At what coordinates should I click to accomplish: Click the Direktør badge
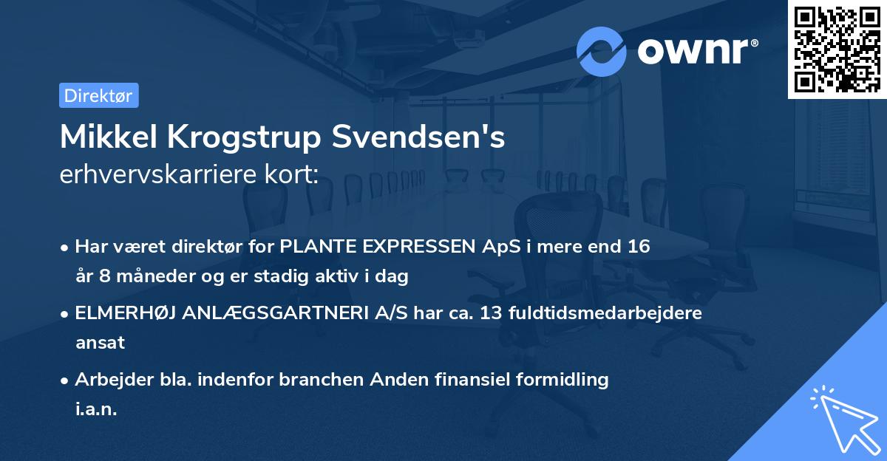click(98, 95)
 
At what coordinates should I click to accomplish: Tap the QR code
click(837, 49)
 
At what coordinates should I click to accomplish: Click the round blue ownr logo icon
click(601, 51)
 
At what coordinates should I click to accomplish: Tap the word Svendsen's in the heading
click(419, 137)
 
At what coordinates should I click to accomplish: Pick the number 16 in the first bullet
click(639, 247)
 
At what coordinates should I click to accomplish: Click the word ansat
click(100, 343)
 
